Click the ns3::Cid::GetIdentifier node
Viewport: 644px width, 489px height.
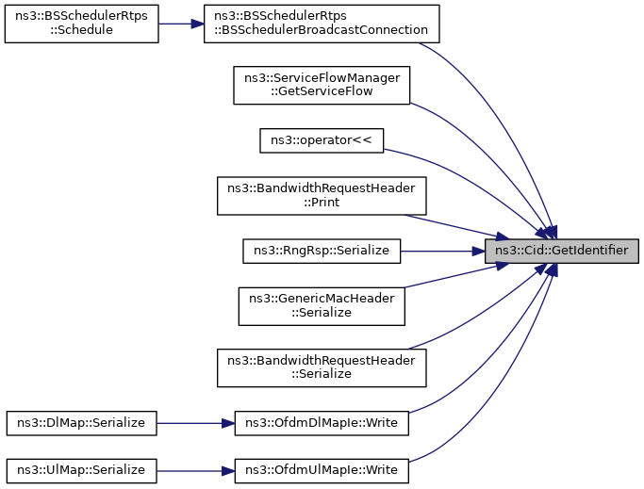562,251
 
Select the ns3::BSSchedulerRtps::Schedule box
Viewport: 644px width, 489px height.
81,23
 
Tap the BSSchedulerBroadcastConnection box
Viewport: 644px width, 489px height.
322,23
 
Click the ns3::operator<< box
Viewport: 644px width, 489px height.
322,139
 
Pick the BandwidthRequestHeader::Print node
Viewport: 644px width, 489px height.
322,195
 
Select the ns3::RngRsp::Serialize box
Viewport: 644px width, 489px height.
322,251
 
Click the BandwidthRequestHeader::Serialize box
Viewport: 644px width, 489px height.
322,367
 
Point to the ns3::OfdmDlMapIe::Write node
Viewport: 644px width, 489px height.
322,424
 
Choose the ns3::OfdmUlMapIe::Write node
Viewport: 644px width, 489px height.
322,468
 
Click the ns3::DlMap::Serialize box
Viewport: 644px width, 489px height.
81,424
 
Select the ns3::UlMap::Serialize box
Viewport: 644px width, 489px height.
81,468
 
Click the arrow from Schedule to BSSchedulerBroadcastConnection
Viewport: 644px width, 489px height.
181,23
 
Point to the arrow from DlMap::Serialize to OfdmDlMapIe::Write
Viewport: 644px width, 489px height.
194,424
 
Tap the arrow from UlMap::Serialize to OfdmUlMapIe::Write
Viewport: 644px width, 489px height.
194,468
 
